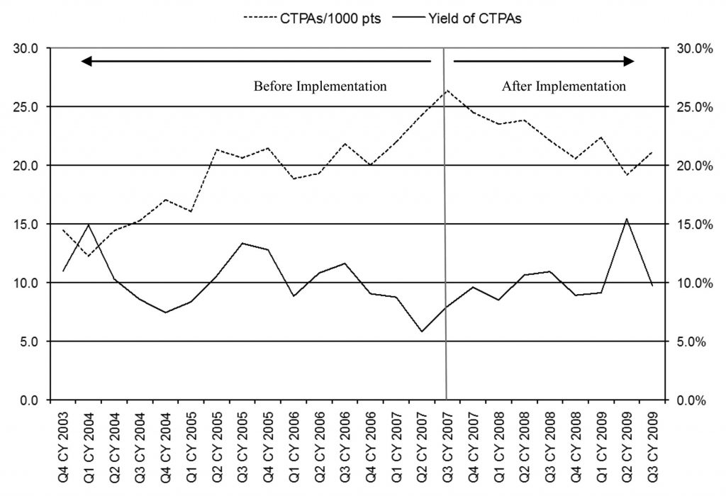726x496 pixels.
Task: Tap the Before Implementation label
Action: point(320,86)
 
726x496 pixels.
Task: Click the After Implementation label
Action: point(564,86)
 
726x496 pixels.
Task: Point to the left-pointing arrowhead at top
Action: point(86,62)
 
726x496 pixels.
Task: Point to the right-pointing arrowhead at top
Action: point(629,62)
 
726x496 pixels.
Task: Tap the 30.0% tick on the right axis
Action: point(689,49)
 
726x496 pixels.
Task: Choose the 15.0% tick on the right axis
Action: point(689,225)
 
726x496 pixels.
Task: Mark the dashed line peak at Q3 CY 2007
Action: point(447,91)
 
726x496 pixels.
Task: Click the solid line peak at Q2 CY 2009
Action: point(626,219)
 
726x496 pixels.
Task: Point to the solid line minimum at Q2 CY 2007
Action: point(422,332)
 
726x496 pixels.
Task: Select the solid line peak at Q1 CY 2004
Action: point(89,225)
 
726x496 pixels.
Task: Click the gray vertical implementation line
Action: point(446,248)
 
